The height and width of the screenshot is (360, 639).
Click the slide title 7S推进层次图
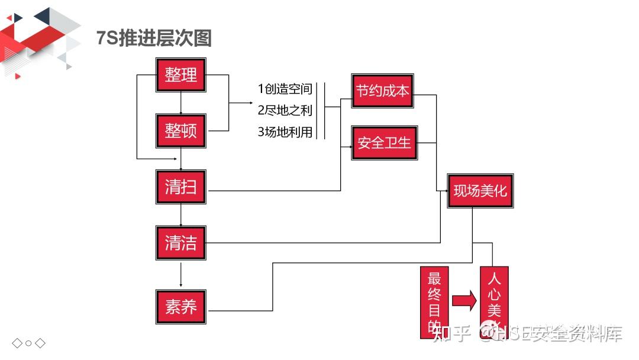154,38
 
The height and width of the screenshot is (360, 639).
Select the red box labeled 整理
180,75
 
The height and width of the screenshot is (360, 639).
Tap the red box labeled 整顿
180,131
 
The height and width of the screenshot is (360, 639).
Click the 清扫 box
180,187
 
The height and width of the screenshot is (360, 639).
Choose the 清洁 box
180,243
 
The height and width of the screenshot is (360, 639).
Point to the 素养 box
180,306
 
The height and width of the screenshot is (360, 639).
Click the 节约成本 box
382,91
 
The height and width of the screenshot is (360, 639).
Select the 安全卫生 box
384,143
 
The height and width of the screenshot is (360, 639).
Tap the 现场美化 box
480,191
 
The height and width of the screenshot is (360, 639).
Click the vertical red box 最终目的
434,302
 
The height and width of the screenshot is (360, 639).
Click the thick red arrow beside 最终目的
464,300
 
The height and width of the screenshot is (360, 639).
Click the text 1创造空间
285,89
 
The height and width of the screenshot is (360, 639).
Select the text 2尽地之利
285,111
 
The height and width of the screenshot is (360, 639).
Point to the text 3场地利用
285,132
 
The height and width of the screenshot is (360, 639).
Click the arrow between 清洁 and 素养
180,275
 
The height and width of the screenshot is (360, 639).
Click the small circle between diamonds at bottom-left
28,343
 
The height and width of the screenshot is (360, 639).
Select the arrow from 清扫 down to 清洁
180,215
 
